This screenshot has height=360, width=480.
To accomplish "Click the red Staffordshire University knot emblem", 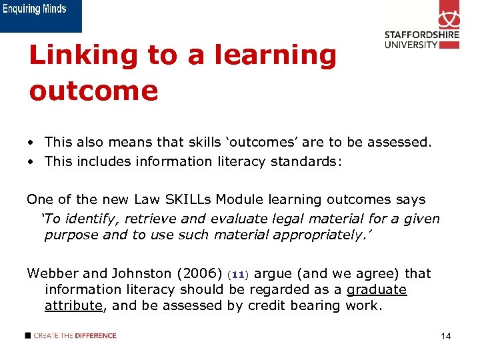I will pos(449,15).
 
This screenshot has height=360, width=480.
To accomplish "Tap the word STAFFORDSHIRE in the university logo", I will pos(421,35).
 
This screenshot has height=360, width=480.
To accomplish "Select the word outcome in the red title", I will pos(93,91).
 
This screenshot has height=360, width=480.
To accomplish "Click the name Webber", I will pos(52,273).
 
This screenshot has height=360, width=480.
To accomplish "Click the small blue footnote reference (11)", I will pos(237,275).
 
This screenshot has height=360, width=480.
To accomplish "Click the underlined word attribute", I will pos(72,305).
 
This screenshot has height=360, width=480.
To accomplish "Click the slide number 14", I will pos(446,337).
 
